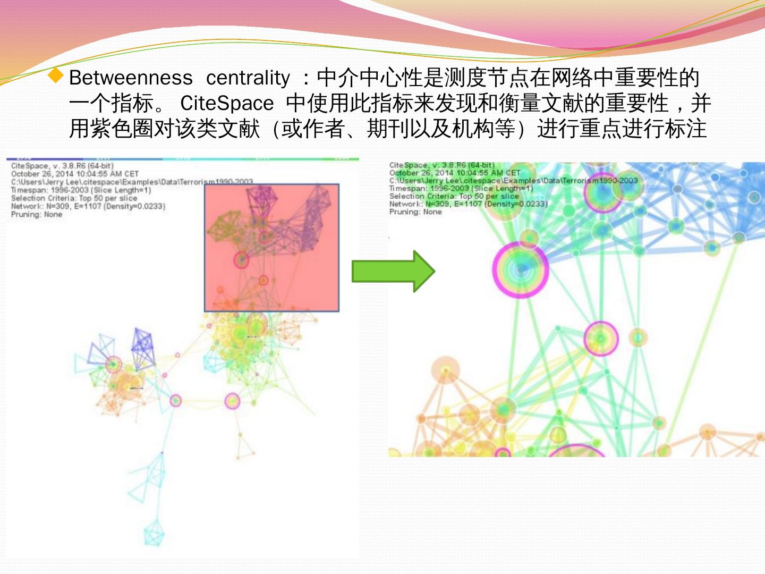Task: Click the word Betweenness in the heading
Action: pos(131,78)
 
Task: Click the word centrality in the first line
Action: pos(248,78)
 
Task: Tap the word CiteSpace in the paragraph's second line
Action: pos(227,103)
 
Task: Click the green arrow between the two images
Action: pos(393,271)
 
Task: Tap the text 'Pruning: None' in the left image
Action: pos(37,215)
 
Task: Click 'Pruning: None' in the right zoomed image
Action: pos(415,212)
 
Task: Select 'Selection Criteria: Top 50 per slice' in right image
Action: pos(454,196)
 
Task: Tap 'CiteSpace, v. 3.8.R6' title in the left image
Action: pos(62,166)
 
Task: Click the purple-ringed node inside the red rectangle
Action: pos(242,260)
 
